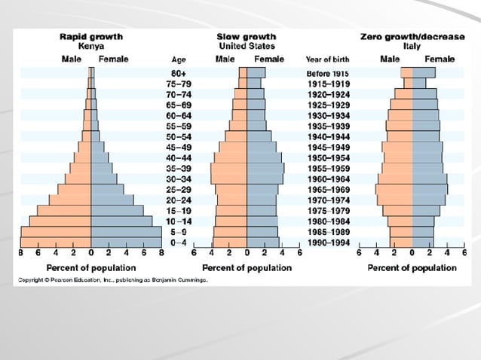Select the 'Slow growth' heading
[246, 36]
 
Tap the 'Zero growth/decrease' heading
[412, 36]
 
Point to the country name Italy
[412, 46]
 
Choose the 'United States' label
[246, 46]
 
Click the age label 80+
[179, 72]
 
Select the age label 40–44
[179, 157]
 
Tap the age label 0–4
[179, 243]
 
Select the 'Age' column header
[179, 59]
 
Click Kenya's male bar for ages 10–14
[60, 221]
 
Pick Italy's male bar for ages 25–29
[394, 189]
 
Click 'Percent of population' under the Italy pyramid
[412, 267]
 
